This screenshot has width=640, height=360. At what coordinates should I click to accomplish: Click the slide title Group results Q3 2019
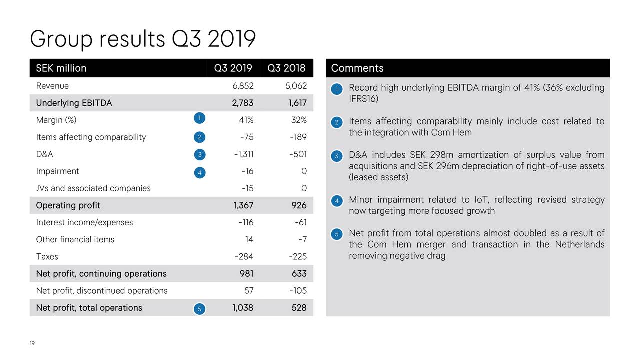click(143, 39)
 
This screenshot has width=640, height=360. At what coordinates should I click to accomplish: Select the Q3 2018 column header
click(286, 68)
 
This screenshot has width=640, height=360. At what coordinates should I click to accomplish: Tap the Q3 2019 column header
click(233, 68)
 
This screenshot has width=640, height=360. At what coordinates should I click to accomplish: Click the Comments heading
click(357, 68)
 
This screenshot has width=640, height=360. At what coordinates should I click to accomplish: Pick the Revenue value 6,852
click(243, 86)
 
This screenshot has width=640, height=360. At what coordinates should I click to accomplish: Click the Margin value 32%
click(299, 120)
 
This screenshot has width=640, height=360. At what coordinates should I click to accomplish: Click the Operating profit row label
click(68, 205)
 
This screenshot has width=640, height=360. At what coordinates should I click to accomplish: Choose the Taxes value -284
click(244, 257)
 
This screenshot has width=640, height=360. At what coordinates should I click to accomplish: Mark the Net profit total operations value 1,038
click(242, 308)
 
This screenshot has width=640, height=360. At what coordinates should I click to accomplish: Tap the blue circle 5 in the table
click(199, 309)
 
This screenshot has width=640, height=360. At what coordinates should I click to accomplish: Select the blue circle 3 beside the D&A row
click(199, 155)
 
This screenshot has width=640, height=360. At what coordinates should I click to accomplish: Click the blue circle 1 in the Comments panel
click(337, 89)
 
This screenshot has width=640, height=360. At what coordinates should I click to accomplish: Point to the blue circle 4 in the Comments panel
click(337, 201)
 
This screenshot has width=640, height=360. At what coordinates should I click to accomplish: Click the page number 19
click(32, 343)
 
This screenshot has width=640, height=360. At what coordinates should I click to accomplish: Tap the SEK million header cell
click(61, 68)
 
